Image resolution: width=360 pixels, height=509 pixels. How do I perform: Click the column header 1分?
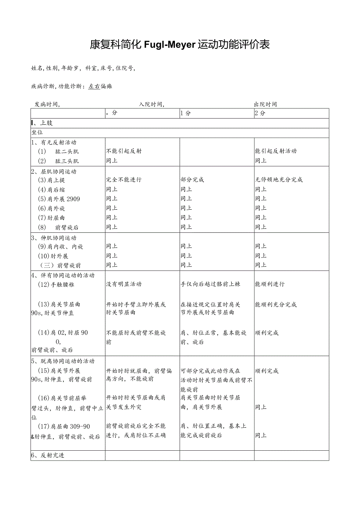(x=185, y=113)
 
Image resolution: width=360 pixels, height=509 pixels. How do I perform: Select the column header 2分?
(x=260, y=113)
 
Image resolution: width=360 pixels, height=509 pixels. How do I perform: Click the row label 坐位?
(x=37, y=132)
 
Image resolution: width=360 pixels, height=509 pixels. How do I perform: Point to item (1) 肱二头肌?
(x=58, y=151)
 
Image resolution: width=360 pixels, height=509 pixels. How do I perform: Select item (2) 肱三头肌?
(x=58, y=161)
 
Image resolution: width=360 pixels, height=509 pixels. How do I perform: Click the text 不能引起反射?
(x=124, y=151)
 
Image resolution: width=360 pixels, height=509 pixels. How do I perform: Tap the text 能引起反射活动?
(x=275, y=151)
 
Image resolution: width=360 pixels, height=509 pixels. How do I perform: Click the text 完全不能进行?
(x=124, y=180)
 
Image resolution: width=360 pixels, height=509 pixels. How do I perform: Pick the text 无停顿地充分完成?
(x=279, y=180)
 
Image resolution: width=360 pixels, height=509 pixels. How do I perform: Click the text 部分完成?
(x=192, y=180)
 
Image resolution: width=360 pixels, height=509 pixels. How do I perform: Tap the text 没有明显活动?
(x=124, y=284)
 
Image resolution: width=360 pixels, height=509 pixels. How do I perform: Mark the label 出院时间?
(x=265, y=104)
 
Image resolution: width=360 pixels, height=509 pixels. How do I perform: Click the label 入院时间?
(x=151, y=104)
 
